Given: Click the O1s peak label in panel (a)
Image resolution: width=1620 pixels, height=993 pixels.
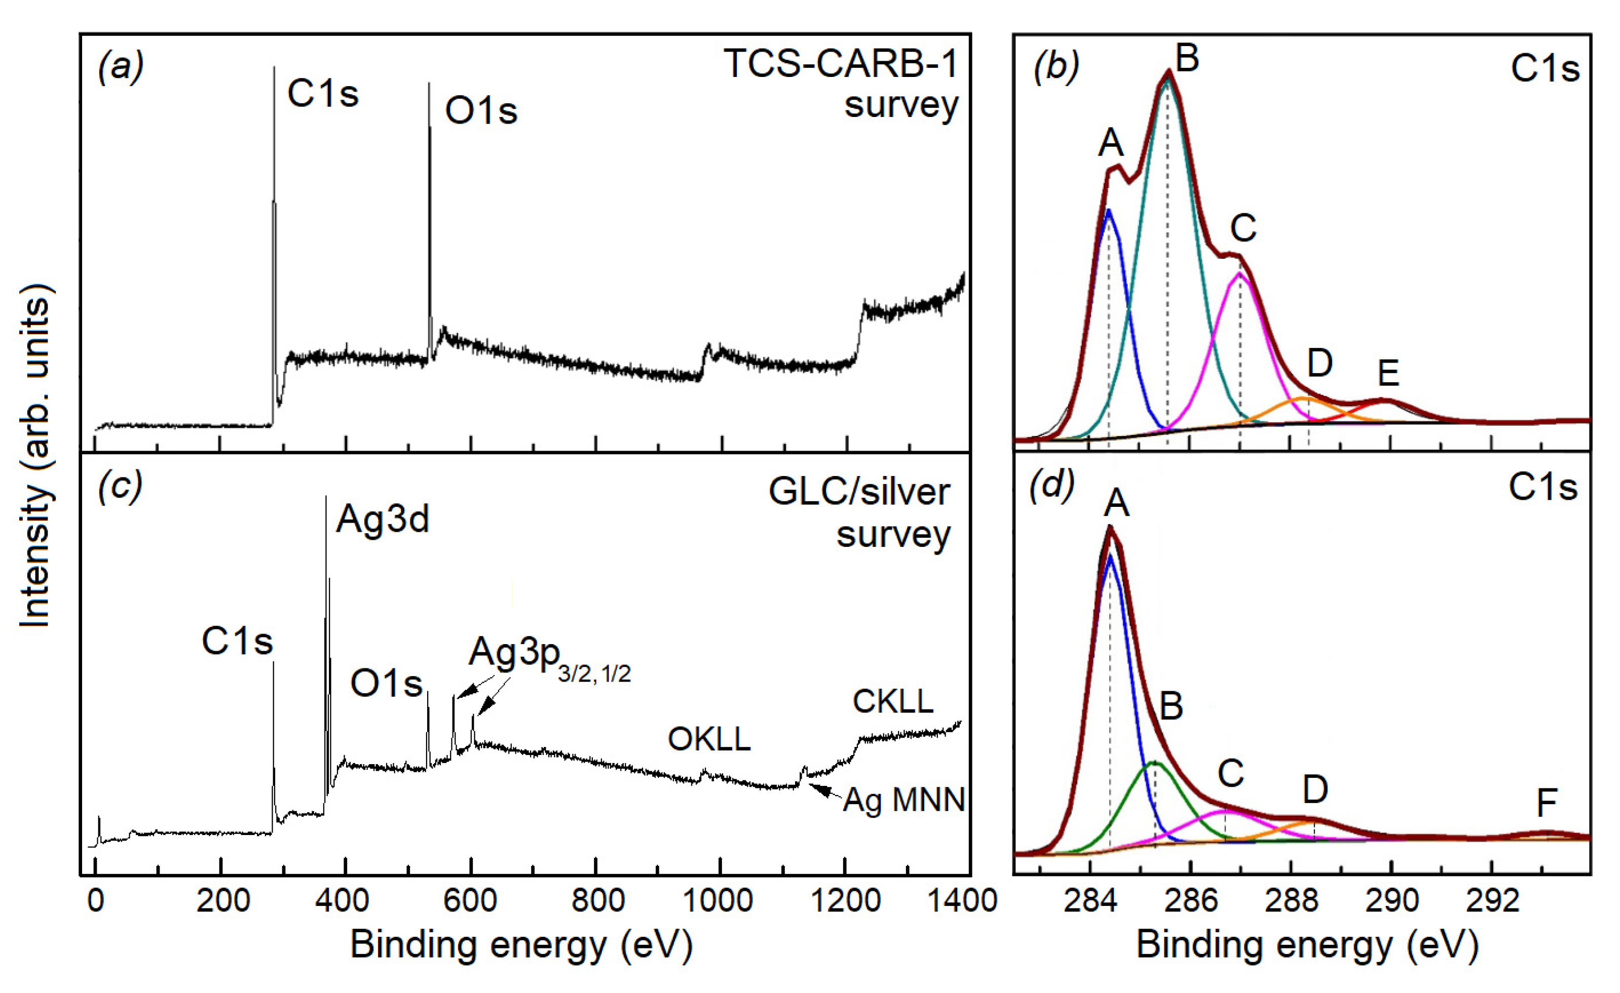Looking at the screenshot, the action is tap(480, 110).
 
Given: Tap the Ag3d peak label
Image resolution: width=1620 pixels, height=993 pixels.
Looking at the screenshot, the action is tap(383, 519).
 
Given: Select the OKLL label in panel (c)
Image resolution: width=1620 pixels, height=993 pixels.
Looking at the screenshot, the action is tap(709, 740).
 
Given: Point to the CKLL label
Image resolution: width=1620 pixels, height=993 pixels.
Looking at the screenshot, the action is tap(893, 702).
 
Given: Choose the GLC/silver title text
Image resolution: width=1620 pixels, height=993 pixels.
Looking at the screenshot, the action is tap(859, 492).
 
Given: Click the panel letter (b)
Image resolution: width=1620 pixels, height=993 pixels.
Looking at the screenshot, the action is tap(1056, 67).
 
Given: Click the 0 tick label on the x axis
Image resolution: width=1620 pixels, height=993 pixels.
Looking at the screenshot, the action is tap(95, 900).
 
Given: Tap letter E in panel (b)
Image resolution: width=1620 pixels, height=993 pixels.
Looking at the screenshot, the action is tap(1388, 374).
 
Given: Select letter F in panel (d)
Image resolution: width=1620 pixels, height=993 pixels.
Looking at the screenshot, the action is tap(1547, 803).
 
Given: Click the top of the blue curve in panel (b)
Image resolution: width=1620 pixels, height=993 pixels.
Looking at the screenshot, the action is tap(1109, 210).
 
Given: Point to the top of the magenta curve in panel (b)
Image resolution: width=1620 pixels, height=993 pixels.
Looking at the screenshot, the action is tap(1239, 273).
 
